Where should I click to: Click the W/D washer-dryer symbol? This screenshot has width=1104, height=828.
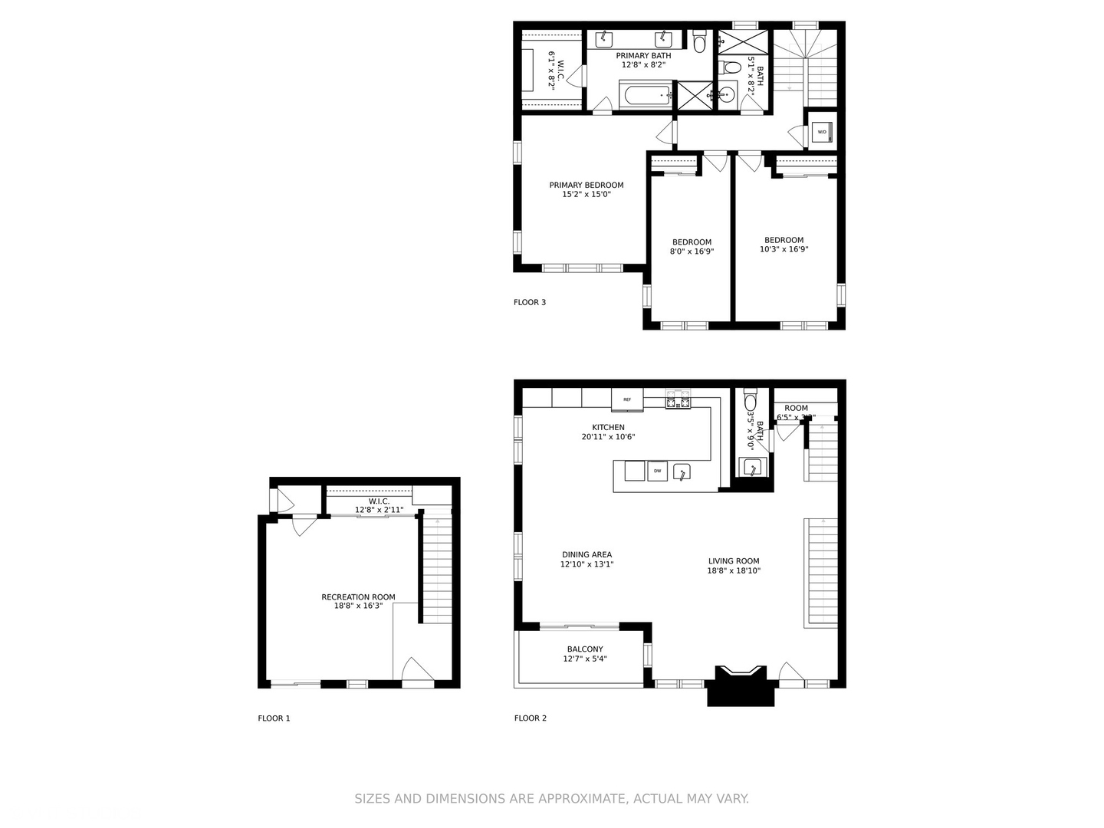(x=822, y=132)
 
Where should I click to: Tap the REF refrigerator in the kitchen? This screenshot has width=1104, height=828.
(x=627, y=399)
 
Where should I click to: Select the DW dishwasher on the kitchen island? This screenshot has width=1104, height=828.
(x=657, y=471)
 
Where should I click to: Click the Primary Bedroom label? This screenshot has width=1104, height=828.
(x=586, y=185)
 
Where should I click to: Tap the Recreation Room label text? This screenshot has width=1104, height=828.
(x=358, y=596)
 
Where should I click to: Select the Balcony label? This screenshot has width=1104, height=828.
(x=585, y=649)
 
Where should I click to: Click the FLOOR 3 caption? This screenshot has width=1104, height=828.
(x=530, y=302)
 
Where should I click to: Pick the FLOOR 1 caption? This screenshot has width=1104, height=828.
(x=274, y=718)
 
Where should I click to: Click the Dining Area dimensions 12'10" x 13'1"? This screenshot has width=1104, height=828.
(x=586, y=564)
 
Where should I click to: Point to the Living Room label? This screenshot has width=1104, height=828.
(x=734, y=561)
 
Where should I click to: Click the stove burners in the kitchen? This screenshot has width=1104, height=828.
(x=678, y=399)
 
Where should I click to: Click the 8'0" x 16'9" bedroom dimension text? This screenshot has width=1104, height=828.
(x=692, y=251)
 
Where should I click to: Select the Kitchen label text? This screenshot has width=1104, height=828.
(x=608, y=427)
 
